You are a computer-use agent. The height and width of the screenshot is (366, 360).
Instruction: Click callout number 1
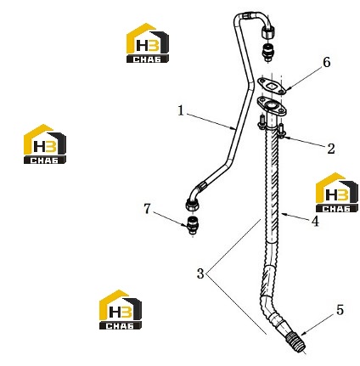(181, 110)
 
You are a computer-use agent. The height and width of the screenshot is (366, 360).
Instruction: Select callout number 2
(331, 149)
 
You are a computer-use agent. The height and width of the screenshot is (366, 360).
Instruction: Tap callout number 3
(200, 273)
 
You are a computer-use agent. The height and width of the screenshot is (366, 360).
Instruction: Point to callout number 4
(315, 221)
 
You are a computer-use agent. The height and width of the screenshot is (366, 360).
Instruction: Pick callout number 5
(340, 310)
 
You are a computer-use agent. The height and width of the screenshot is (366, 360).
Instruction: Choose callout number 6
(327, 62)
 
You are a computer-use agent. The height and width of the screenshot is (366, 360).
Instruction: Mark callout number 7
(147, 209)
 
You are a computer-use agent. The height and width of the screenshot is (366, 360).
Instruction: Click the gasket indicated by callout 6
(272, 86)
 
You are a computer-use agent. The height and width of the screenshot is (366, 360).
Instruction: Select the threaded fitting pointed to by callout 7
(193, 225)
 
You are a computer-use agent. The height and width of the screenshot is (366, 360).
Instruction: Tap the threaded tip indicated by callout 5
(296, 342)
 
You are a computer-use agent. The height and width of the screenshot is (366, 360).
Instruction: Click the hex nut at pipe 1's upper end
(267, 31)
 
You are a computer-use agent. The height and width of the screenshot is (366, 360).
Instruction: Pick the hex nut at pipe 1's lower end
(194, 205)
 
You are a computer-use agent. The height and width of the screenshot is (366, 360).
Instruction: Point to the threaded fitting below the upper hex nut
(267, 51)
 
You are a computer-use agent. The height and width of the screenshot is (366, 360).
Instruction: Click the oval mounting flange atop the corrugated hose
(272, 108)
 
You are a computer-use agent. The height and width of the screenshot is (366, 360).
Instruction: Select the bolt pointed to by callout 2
(281, 131)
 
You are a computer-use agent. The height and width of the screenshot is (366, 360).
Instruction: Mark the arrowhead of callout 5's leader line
(302, 334)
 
